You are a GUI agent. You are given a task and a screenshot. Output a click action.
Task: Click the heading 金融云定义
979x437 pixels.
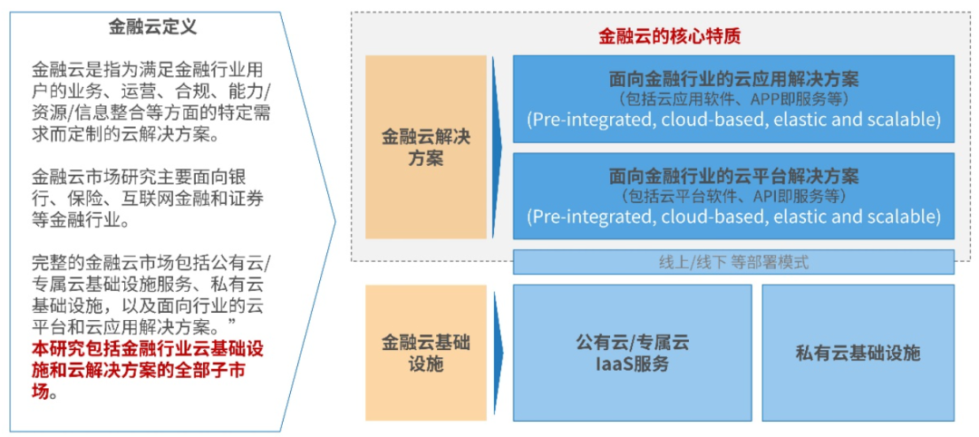pyautogui.click(x=152, y=27)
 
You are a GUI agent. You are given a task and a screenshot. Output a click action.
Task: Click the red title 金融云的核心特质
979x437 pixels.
pyautogui.click(x=669, y=36)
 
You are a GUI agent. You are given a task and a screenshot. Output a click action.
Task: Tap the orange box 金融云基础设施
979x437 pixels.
pyautogui.click(x=425, y=354)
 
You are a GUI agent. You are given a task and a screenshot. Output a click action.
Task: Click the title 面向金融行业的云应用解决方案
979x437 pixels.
pyautogui.click(x=733, y=78)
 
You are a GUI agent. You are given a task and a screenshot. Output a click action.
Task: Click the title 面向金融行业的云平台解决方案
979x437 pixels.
pyautogui.click(x=733, y=175)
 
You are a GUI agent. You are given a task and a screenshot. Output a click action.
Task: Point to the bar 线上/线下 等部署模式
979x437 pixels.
pyautogui.click(x=733, y=263)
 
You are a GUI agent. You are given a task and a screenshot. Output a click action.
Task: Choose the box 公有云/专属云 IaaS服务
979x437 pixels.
pyautogui.click(x=632, y=354)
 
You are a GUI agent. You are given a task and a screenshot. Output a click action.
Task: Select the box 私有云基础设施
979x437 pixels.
pyautogui.click(x=858, y=354)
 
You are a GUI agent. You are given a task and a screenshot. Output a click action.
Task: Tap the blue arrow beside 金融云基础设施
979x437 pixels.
pyautogui.click(x=497, y=354)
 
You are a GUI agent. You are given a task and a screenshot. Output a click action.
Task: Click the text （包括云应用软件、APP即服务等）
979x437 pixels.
pyautogui.click(x=733, y=99)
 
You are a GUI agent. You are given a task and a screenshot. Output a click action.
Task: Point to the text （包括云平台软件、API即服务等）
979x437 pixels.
pyautogui.click(x=733, y=196)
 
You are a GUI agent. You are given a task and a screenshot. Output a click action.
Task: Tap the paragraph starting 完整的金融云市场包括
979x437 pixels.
pyautogui.click(x=150, y=293)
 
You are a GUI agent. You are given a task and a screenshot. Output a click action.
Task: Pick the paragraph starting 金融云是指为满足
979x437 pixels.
pyautogui.click(x=150, y=102)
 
